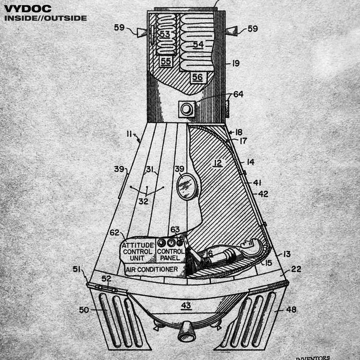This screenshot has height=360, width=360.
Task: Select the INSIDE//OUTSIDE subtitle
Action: [45, 18]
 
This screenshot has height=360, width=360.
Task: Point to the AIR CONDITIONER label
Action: [152, 269]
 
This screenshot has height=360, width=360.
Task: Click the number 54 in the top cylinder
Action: [198, 45]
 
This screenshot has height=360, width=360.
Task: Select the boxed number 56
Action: [197, 77]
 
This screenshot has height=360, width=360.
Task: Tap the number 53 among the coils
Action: [165, 34]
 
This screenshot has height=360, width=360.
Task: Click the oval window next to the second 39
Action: [187, 186]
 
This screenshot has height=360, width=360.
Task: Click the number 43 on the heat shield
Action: [186, 305]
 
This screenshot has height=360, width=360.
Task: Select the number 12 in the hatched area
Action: [218, 163]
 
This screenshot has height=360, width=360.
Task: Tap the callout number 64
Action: [238, 95]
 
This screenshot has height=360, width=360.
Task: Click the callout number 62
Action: [114, 232]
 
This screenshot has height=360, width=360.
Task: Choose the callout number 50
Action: [83, 310]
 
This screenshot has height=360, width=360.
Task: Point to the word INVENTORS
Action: [313, 357]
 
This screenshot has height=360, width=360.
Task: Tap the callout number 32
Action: [143, 201]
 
